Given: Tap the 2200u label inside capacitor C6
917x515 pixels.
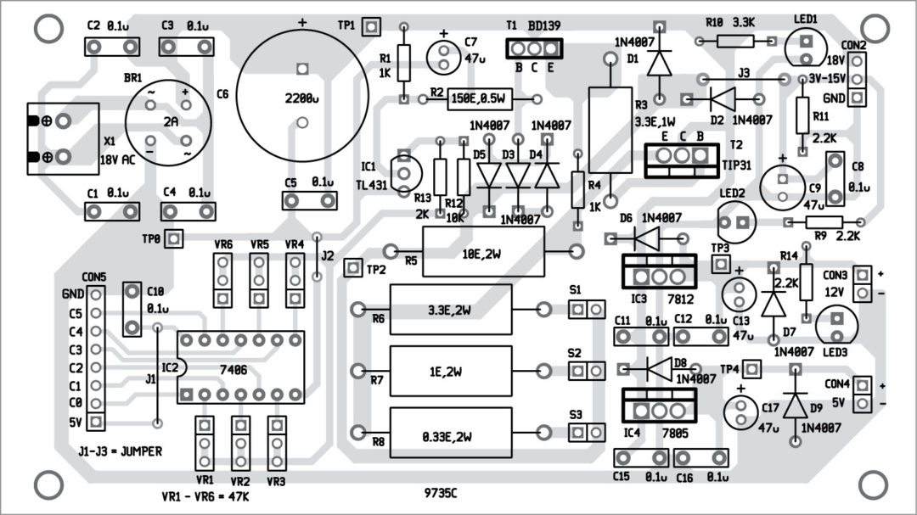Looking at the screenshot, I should tap(300, 98).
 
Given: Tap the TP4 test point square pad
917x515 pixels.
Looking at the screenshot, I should tap(753, 369).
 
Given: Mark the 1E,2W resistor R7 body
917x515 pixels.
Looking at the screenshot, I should tap(451, 371).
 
